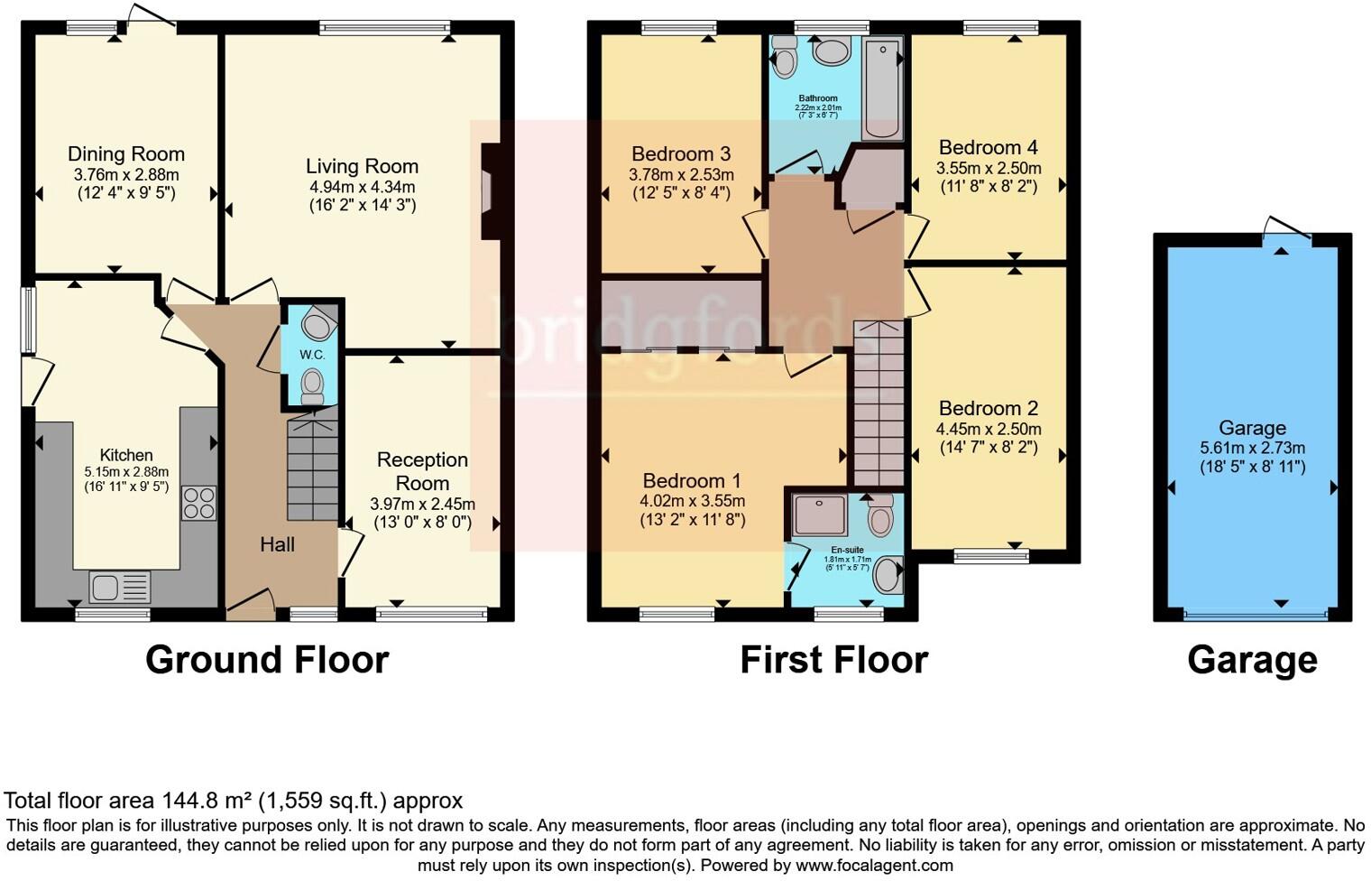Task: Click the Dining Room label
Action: [x=126, y=154]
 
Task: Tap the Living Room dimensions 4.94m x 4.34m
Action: [x=362, y=187]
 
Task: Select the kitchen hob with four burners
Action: [x=198, y=504]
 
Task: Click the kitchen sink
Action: [x=120, y=589]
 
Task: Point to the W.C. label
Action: [x=312, y=355]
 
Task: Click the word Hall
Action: [x=277, y=544]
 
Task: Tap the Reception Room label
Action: [x=422, y=471]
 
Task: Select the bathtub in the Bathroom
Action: [x=881, y=88]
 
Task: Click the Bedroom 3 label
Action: [x=681, y=154]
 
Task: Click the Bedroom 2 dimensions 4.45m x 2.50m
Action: [x=989, y=430]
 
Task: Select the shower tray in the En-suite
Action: [x=819, y=515]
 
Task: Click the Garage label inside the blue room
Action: [x=1252, y=429]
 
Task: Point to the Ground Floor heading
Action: [x=267, y=660]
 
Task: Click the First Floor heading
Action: [x=833, y=660]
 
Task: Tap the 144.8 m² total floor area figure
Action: [x=207, y=801]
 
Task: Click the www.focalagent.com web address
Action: [x=873, y=865]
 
